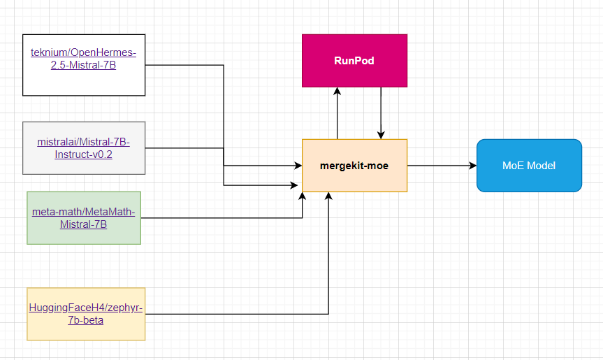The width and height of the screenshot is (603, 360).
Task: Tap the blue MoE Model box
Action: pos(529,166)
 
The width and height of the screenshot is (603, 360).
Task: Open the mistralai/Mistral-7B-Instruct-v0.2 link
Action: pos(84,148)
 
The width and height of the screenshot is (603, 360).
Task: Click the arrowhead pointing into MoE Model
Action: pos(472,166)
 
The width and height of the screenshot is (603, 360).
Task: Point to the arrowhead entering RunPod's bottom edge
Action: pos(337,92)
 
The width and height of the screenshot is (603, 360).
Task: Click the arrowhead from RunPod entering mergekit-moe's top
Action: pos(381,135)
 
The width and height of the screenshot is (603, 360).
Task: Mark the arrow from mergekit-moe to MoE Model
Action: pos(440,166)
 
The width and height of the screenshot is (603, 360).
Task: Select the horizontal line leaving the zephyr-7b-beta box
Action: pos(238,314)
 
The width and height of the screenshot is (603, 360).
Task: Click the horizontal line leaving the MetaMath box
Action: pos(224,218)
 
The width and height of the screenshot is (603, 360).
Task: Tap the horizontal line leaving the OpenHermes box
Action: pos(185,66)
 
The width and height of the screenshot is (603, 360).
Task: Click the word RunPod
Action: pos(354,61)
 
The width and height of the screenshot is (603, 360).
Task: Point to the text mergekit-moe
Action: pos(354,166)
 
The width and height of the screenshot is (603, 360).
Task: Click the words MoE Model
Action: pos(529,166)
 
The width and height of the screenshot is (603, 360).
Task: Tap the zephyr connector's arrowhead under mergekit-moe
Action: pos(328,196)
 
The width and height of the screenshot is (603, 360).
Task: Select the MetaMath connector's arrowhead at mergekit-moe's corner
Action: pos(303,196)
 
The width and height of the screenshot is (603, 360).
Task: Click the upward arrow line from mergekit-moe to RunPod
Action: pos(337,115)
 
